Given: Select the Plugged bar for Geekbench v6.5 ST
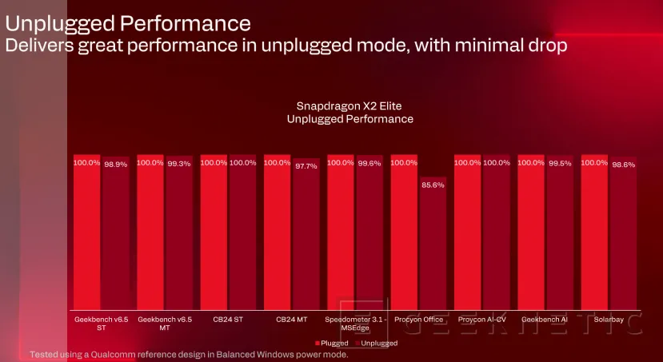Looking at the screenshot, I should coord(87,232).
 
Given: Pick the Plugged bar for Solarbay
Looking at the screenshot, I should coord(594,232).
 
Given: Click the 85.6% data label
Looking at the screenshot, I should coord(433,185).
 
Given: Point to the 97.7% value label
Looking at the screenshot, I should coord(306,165).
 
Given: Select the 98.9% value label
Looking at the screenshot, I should coord(115,163).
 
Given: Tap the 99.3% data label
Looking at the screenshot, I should coord(179,163).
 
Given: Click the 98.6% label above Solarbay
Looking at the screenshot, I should coord(623,164).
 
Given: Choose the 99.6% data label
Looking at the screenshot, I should coord(369,163).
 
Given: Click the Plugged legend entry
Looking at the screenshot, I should coord(331,343).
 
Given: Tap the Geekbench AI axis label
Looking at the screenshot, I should coord(544,320).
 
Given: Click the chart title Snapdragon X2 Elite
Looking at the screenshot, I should coord(349,105).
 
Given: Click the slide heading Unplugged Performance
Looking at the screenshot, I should coord(128,22).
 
